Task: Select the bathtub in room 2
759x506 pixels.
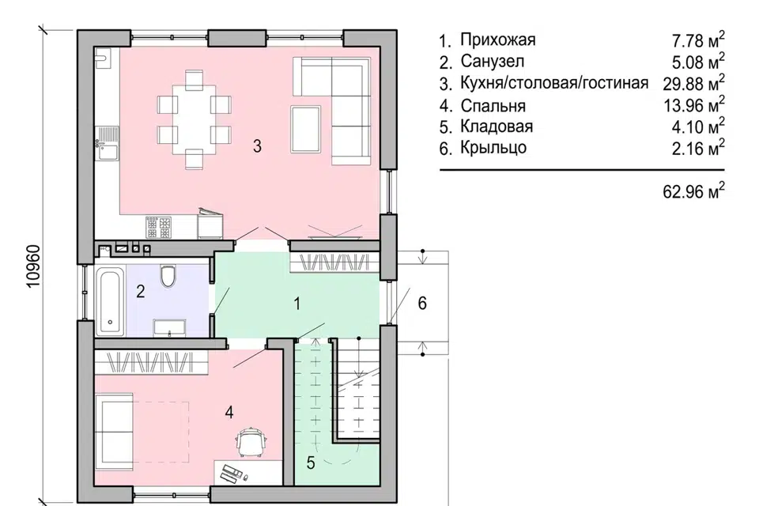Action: click(x=110, y=300)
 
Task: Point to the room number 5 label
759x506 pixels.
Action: click(x=311, y=463)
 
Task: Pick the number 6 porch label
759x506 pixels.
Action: click(x=422, y=303)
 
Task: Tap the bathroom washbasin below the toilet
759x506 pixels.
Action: click(x=169, y=326)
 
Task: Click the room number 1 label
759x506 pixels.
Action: click(x=297, y=303)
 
